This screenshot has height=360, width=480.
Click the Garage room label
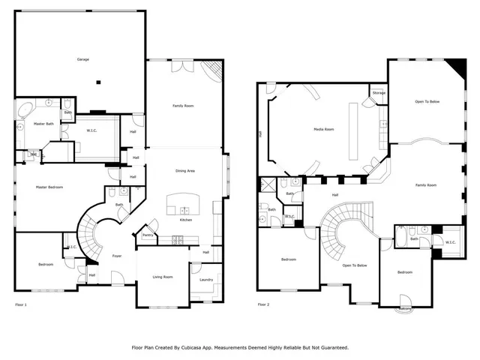83,58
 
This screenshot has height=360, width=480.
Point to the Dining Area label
185,172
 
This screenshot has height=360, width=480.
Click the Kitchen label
185,220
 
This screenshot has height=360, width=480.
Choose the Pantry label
148,235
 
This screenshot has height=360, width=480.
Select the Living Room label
163,277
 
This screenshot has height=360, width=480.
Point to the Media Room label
323,130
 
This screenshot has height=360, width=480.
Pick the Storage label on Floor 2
379,93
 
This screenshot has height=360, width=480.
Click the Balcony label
405,308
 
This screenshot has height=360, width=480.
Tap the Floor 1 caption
21,304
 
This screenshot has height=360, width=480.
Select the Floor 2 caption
263,304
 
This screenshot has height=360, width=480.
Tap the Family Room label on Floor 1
184,106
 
